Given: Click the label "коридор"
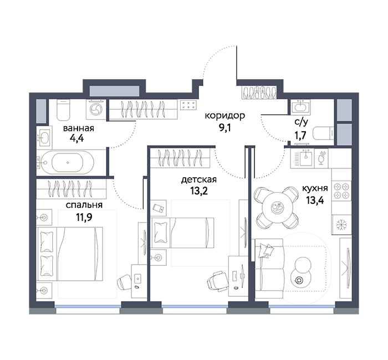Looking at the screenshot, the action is [224, 116].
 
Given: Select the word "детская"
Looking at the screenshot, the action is [198, 180].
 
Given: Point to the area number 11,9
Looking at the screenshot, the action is [84, 217].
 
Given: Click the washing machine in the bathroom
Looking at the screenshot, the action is [96, 109].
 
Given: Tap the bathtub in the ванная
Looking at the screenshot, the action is [65, 162].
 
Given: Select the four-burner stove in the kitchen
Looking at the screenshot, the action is [341, 191].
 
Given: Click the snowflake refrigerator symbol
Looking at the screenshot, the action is [342, 224].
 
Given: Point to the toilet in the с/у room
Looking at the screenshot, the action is [323, 134].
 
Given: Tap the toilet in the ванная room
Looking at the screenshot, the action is [63, 110].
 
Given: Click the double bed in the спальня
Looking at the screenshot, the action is [69, 254].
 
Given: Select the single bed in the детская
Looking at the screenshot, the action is [182, 233].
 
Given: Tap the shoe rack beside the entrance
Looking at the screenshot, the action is [259, 92].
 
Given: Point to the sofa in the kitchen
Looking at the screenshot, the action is [269, 269].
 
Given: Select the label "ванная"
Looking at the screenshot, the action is [79, 128].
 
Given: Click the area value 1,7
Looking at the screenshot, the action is [300, 135].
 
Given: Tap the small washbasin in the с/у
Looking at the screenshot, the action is [300, 106].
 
